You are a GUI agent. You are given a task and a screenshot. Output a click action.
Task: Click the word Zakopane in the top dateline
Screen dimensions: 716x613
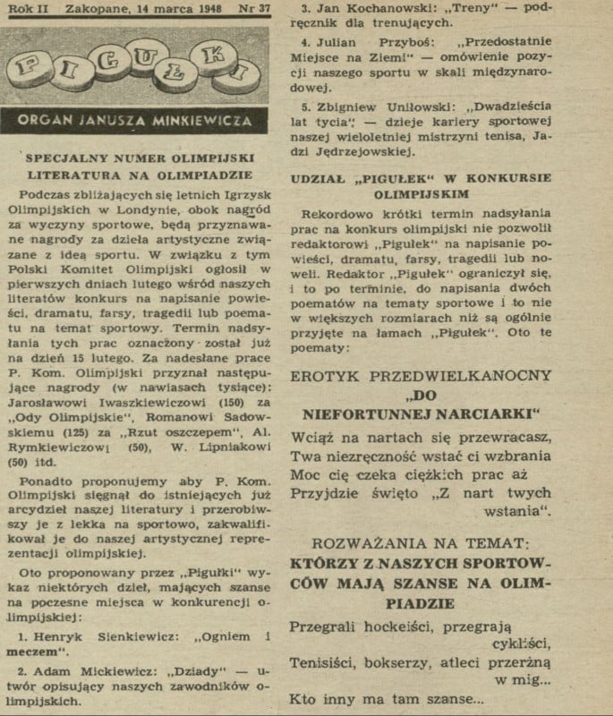click(85, 10)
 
